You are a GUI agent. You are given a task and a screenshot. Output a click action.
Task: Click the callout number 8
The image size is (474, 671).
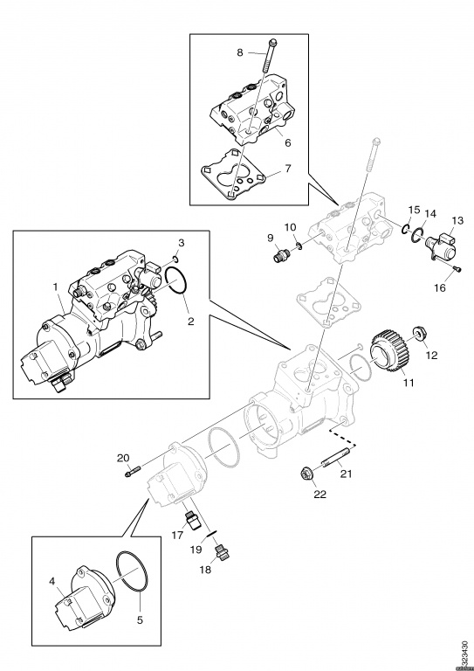pos(240,52)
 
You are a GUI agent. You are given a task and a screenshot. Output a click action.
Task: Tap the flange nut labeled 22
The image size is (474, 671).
pos(307,474)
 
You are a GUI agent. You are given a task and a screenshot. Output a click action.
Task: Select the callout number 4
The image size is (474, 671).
pos(53,580)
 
